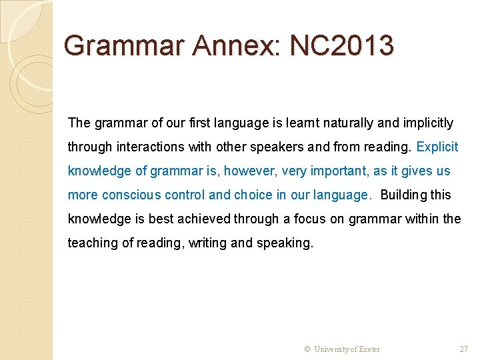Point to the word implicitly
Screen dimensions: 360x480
click(425, 123)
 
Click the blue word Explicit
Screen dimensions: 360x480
click(437, 147)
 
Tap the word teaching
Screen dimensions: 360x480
click(91, 243)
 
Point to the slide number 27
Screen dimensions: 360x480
click(464, 349)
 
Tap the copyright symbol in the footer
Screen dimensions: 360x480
click(307, 349)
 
